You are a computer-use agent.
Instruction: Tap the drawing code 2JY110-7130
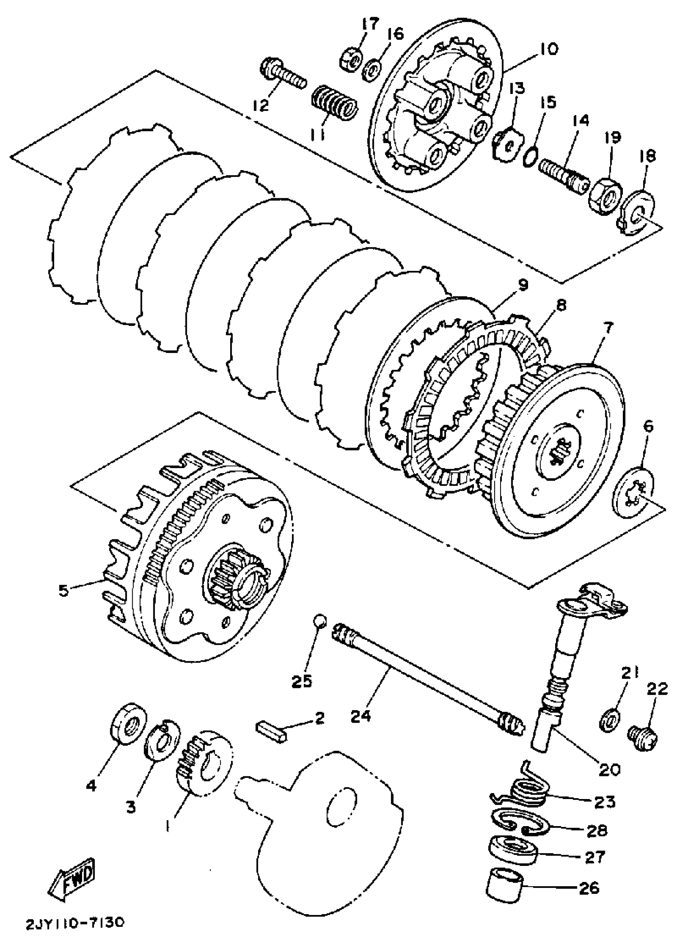[74, 923]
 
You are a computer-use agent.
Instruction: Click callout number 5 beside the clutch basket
[63, 591]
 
